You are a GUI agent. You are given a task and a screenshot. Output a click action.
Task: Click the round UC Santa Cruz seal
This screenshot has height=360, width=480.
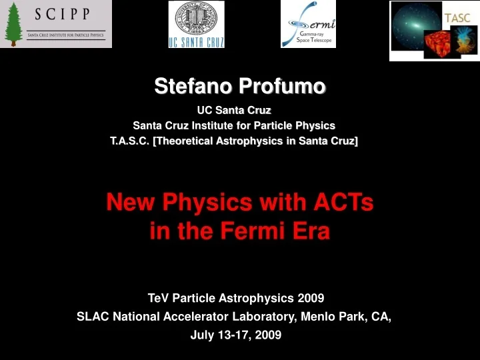195,20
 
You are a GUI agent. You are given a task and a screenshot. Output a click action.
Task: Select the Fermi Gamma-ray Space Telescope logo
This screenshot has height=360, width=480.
308,25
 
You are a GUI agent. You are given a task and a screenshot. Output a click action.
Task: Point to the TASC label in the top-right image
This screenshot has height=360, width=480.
457,18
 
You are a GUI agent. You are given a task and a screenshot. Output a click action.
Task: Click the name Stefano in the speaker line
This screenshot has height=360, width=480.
195,86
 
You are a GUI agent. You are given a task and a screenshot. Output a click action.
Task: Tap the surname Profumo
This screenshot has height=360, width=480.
283,86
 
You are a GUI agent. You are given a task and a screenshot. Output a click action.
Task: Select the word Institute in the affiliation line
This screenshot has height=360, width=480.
221,125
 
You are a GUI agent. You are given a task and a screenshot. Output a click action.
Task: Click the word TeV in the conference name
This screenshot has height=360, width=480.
159,297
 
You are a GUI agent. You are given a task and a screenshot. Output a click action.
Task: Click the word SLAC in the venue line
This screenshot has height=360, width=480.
92,317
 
